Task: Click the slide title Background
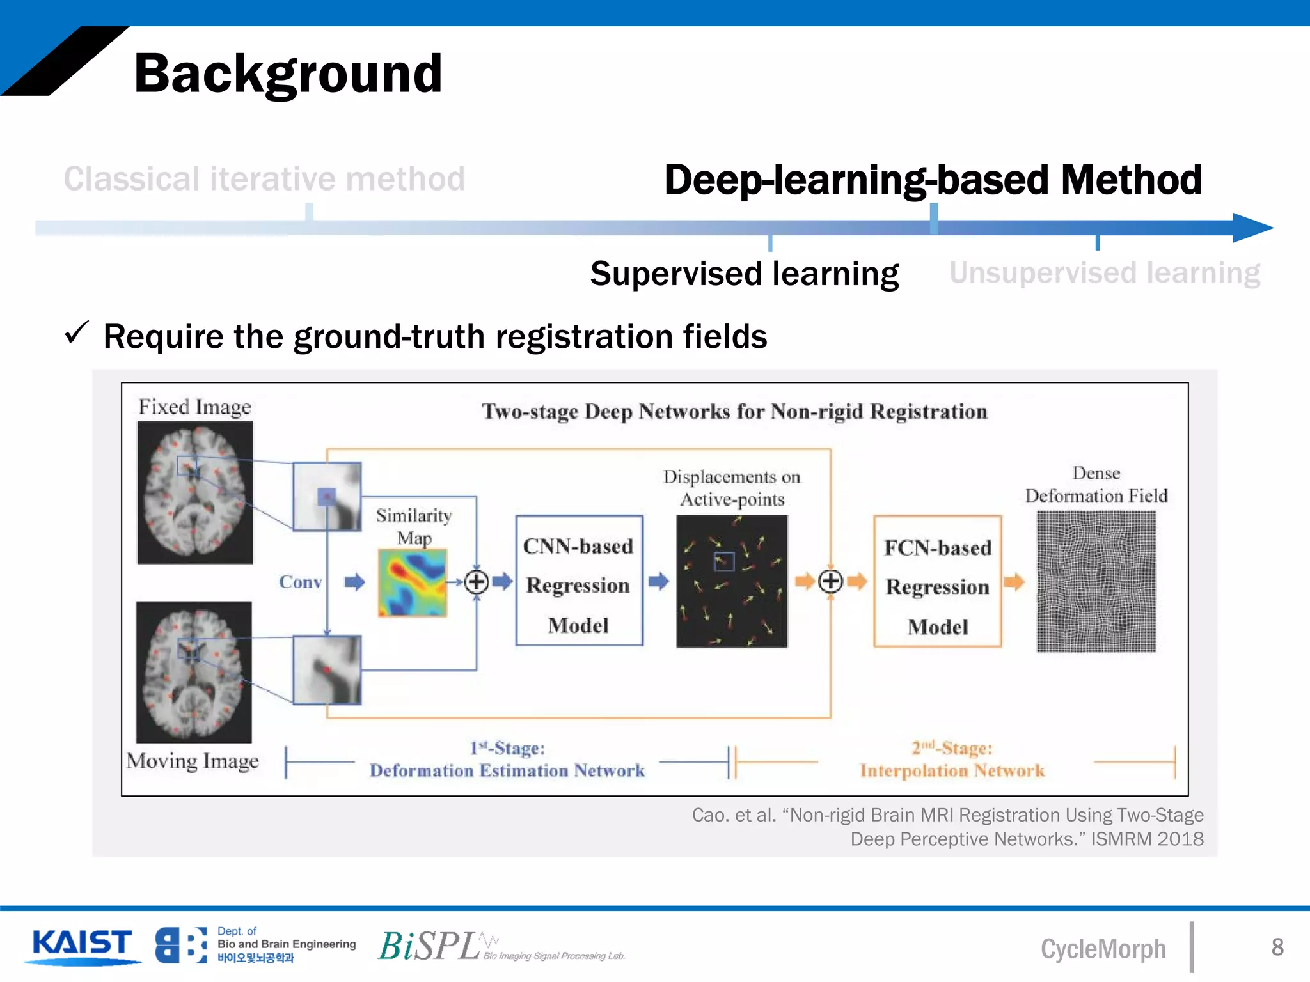tap(288, 74)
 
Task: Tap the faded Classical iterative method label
tap(264, 179)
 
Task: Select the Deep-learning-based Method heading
tap(933, 180)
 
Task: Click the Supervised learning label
tap(744, 274)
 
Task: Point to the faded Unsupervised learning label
tap(1105, 273)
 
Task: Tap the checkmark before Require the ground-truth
tap(76, 333)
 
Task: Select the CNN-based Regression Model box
tap(579, 581)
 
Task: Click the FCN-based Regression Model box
tap(937, 582)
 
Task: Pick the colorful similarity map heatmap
tap(412, 583)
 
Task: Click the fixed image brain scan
tap(195, 492)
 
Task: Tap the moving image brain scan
tap(194, 672)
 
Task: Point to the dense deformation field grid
tap(1096, 582)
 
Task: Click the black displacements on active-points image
tap(732, 581)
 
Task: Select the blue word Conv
tap(300, 582)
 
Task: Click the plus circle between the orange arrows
tap(830, 582)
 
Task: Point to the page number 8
tap(1277, 947)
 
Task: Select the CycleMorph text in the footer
tap(1103, 949)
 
